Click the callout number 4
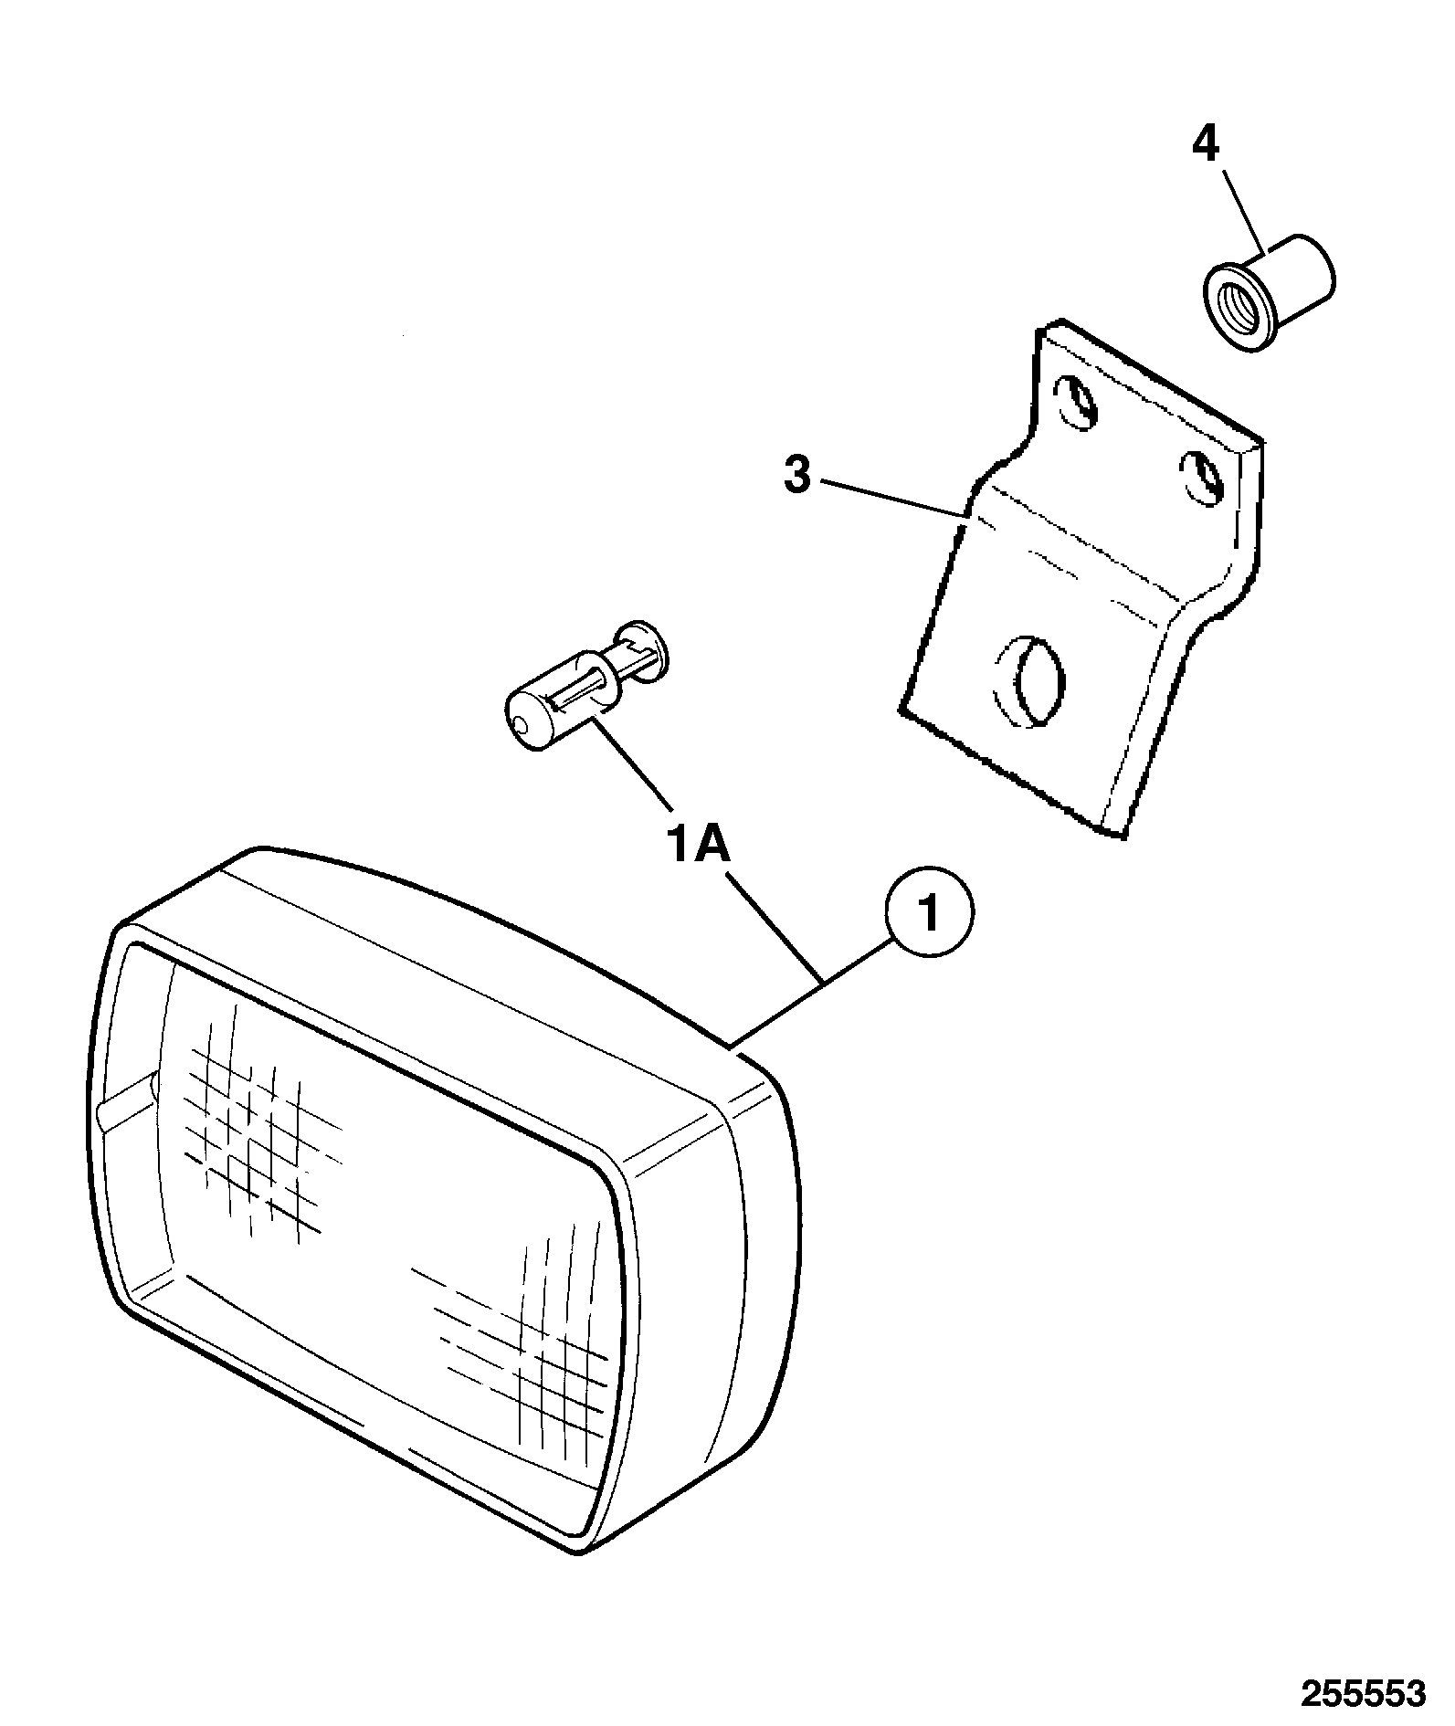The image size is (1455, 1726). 1206,145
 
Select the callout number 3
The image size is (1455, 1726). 797,476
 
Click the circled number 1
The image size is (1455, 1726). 930,913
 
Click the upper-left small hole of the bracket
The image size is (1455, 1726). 1076,401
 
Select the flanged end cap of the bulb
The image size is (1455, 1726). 643,652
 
